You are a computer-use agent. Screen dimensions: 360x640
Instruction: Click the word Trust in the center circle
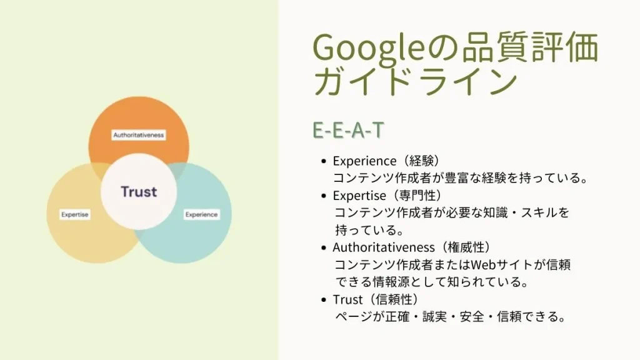(139, 191)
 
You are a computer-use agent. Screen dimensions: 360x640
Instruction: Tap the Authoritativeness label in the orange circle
(139, 135)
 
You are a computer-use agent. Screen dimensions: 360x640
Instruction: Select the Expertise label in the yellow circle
(75, 214)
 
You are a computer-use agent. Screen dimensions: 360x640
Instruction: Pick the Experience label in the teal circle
(201, 214)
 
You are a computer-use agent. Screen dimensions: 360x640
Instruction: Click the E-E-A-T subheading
(348, 131)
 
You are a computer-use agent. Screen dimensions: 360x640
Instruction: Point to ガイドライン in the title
(415, 82)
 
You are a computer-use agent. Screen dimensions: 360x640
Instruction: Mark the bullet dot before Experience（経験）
(324, 162)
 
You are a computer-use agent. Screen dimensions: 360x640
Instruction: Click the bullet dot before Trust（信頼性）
(324, 300)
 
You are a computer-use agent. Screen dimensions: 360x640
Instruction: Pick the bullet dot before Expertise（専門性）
(324, 196)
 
